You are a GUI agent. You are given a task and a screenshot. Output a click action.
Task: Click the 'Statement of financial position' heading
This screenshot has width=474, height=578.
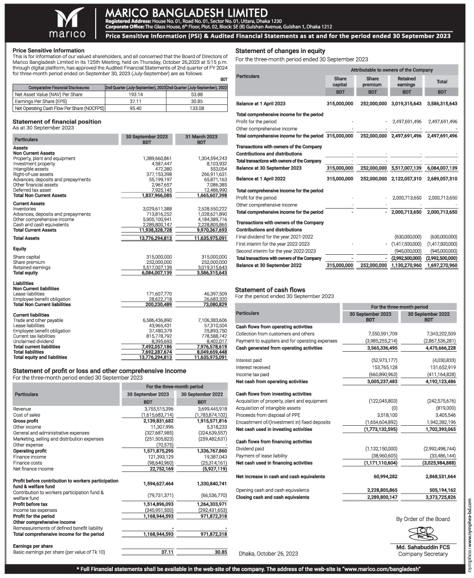57,121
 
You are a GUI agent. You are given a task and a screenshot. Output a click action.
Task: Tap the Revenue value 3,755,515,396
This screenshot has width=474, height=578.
149,408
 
